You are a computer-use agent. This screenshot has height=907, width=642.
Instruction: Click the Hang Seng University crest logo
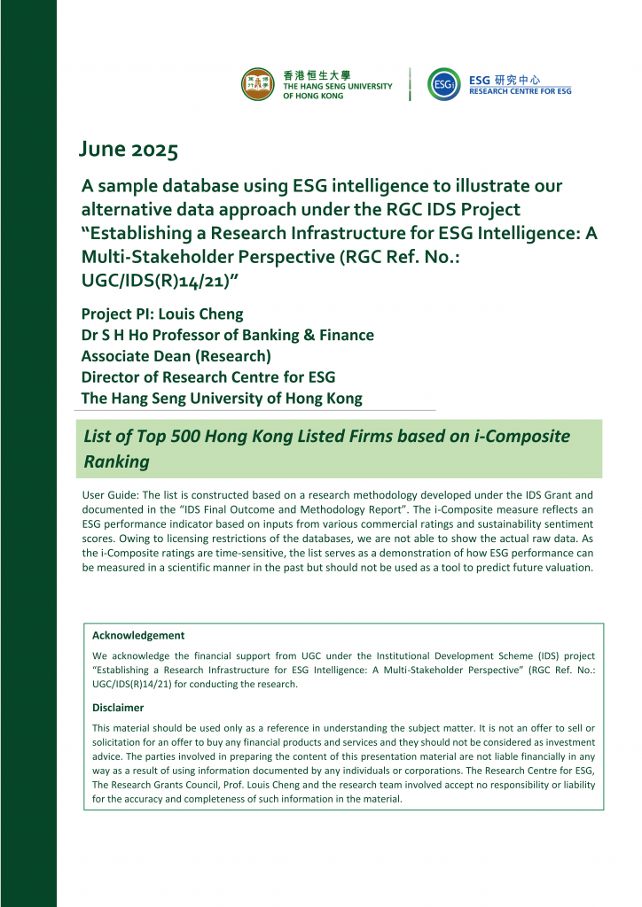(258, 84)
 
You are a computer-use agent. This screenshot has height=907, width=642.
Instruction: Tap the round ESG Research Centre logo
(443, 84)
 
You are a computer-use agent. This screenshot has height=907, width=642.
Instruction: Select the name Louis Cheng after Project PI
(208, 314)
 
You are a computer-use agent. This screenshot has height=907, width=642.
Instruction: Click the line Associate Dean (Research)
(176, 356)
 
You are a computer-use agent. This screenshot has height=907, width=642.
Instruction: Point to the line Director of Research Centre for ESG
(207, 377)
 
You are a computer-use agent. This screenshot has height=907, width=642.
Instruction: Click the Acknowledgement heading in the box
(138, 635)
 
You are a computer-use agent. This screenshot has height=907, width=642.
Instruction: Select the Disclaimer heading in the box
(118, 708)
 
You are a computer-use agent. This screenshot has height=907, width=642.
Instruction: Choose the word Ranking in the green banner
(116, 461)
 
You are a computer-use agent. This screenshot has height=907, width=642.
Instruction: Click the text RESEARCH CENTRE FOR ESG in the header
(520, 91)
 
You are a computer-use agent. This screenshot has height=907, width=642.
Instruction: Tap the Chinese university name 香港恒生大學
(311, 75)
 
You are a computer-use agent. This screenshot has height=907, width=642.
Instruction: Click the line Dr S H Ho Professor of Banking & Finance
(227, 335)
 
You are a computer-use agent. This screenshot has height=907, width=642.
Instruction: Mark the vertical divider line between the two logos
(410, 84)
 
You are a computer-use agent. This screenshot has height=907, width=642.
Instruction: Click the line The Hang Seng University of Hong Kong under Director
(221, 399)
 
